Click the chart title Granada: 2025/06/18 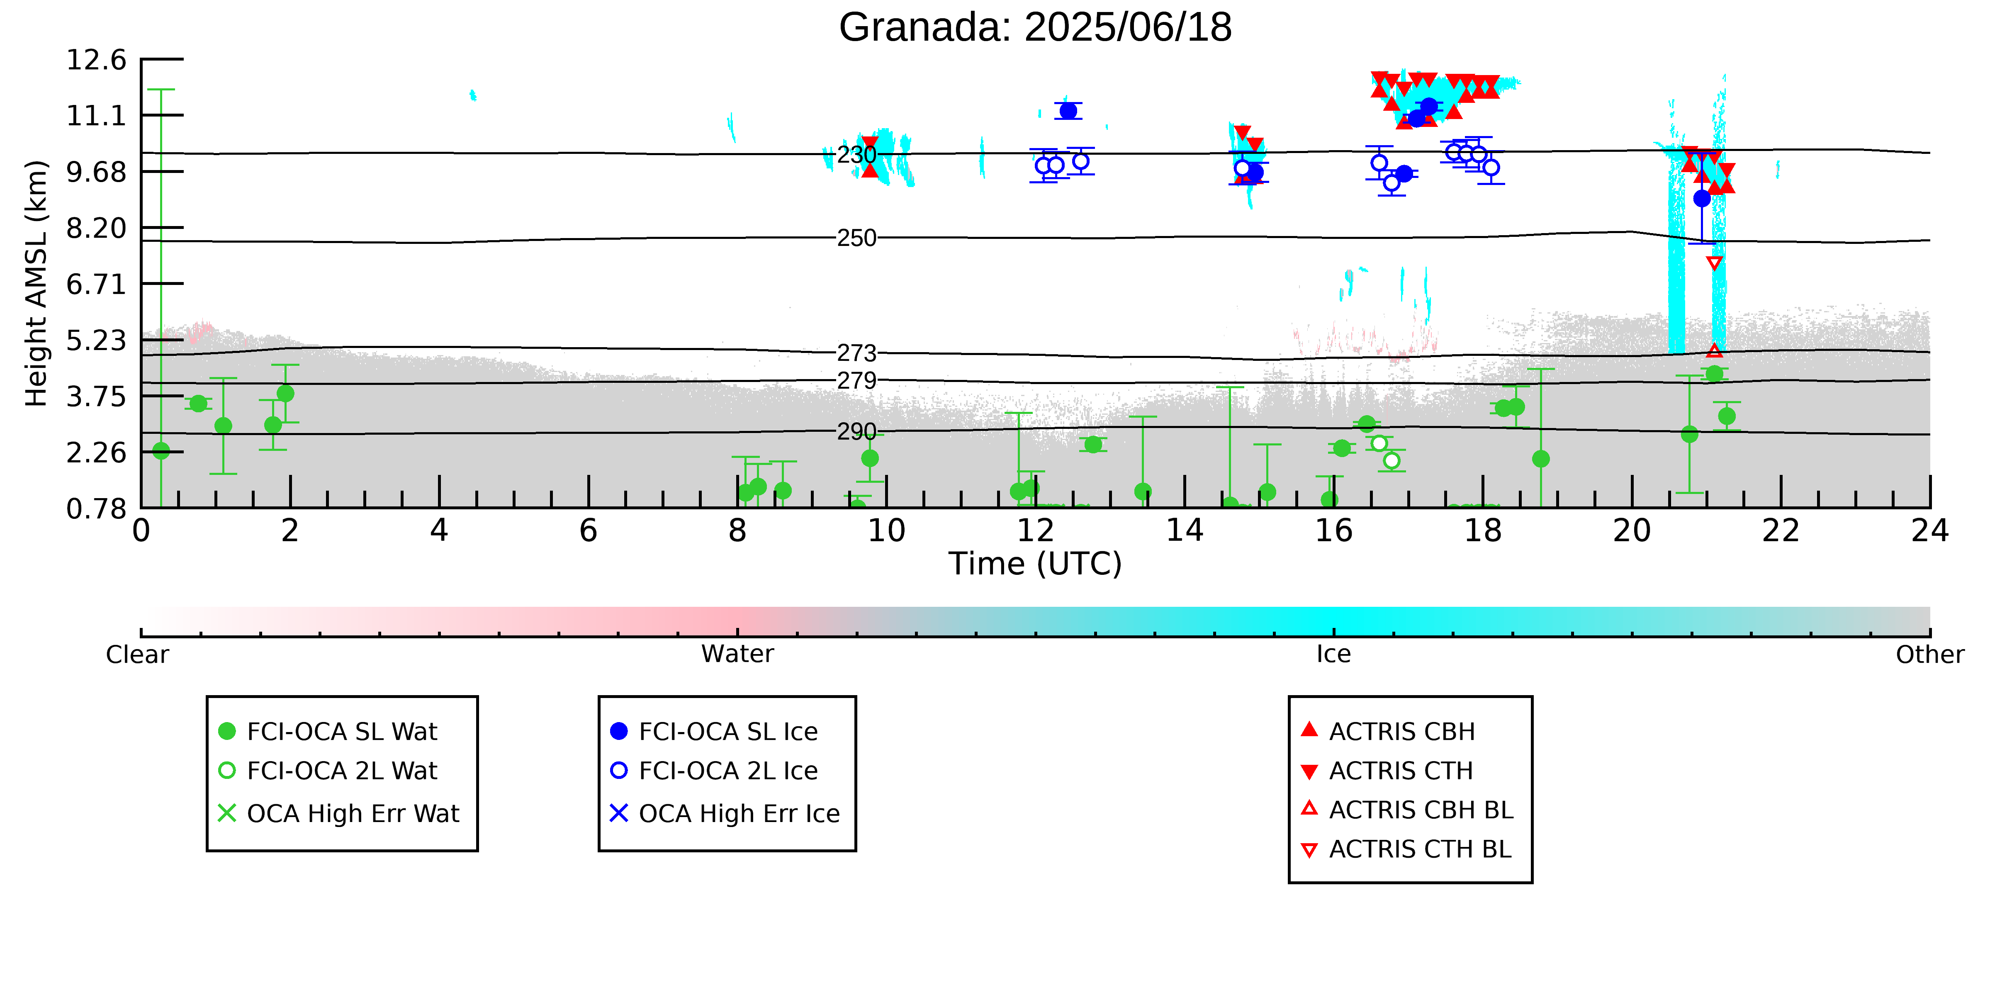[1035, 28]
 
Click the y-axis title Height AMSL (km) [36, 283]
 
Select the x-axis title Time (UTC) [1035, 564]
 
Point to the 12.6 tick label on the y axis [96, 59]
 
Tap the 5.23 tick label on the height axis [96, 340]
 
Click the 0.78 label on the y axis [96, 508]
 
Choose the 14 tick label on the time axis [1184, 531]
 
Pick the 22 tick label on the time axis [1781, 531]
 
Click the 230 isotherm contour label [857, 155]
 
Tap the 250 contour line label [857, 238]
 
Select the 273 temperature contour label [857, 353]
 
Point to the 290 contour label [857, 431]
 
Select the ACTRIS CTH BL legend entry [1406, 849]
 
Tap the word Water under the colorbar [737, 654]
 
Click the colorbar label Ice [1333, 654]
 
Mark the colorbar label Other [1930, 654]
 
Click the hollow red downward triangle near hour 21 [1714, 263]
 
